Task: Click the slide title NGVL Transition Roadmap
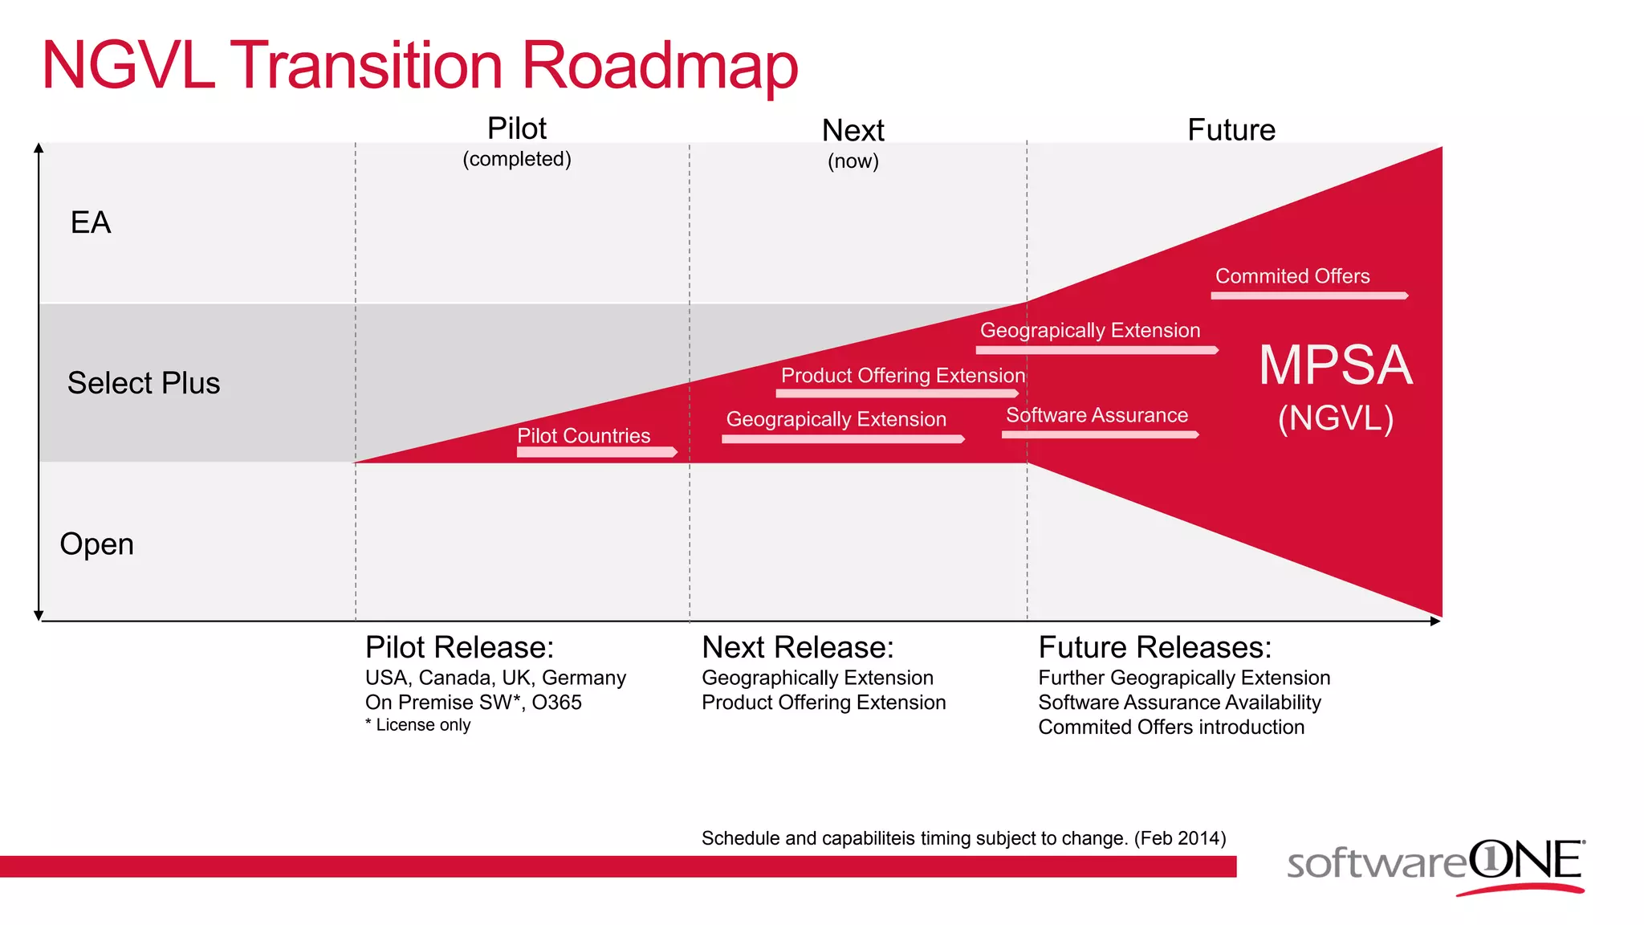click(419, 66)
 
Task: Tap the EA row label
click(91, 222)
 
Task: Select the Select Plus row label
click(144, 383)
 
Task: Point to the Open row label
click(97, 544)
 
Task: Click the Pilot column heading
click(517, 128)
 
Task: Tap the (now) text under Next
click(853, 161)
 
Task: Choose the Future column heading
click(1231, 130)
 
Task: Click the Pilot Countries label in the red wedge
click(584, 435)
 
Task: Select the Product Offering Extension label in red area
click(903, 375)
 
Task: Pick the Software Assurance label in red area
click(1097, 415)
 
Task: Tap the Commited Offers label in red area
click(1292, 276)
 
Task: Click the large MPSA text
click(1335, 365)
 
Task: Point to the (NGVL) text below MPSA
click(1336, 418)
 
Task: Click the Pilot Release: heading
click(459, 647)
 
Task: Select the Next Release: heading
click(797, 647)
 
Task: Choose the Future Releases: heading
click(1154, 647)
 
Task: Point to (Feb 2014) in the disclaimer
click(1180, 838)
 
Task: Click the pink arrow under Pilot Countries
click(596, 452)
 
